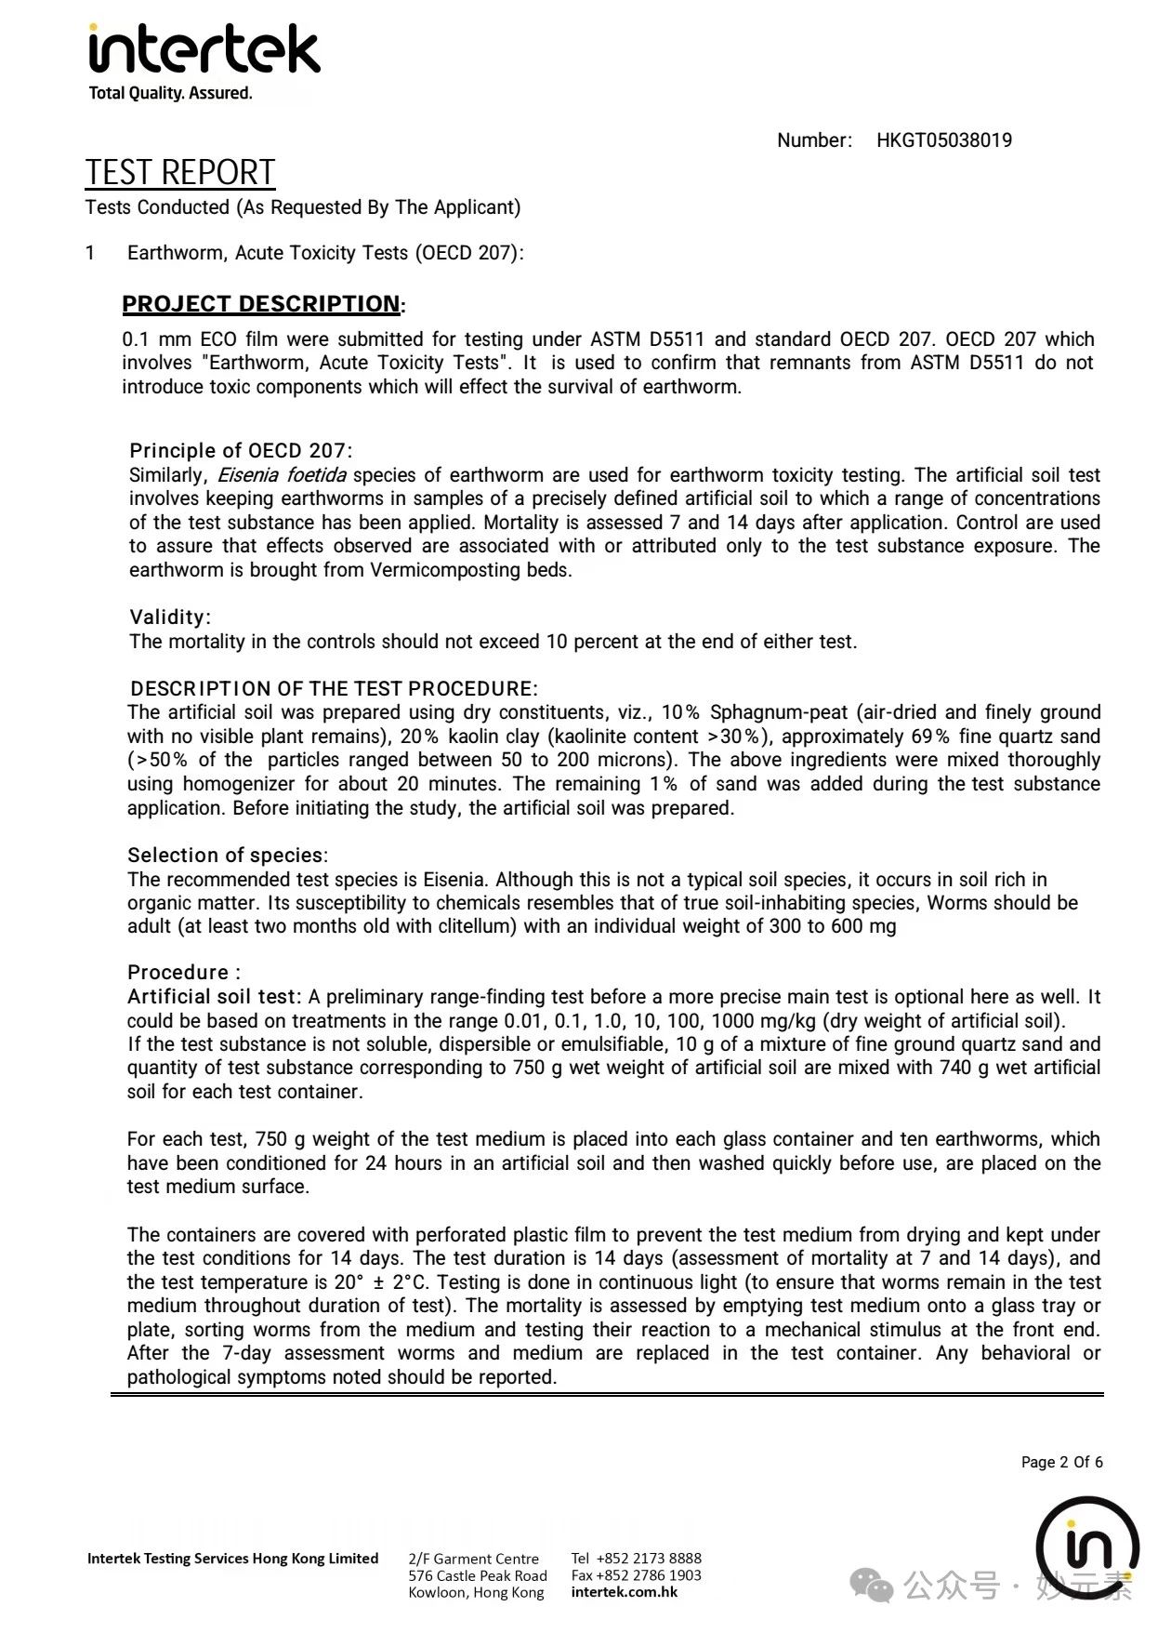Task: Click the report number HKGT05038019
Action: [x=943, y=140]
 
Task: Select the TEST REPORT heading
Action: [x=180, y=173]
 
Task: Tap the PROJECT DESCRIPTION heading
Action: [x=261, y=304]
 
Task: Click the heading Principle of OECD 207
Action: [x=239, y=451]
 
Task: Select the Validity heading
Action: [x=168, y=617]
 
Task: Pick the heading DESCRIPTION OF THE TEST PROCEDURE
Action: [x=332, y=689]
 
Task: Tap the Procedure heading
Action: [x=182, y=973]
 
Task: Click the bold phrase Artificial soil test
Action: [x=213, y=997]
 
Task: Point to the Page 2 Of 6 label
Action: [x=1061, y=1462]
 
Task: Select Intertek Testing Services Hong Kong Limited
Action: [x=232, y=1559]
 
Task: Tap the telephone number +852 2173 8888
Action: [x=649, y=1558]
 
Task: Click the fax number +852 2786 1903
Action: [x=649, y=1575]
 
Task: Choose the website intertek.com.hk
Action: [x=624, y=1592]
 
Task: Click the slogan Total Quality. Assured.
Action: [x=170, y=93]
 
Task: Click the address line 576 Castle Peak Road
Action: [x=477, y=1575]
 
